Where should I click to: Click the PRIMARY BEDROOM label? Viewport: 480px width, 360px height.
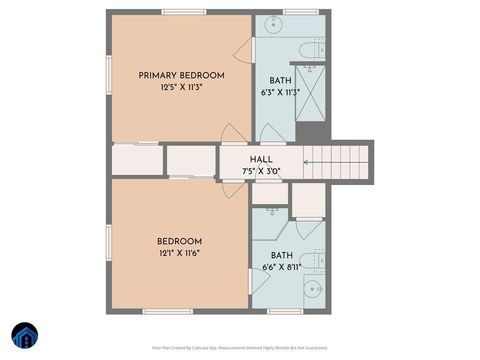pyautogui.click(x=181, y=75)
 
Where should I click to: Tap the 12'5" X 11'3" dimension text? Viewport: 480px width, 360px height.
pyautogui.click(x=181, y=88)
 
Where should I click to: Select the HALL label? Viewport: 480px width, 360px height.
pyautogui.click(x=261, y=159)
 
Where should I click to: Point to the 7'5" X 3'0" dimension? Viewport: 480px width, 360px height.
pyautogui.click(x=261, y=171)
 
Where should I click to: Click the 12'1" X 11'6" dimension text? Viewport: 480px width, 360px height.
pyautogui.click(x=179, y=255)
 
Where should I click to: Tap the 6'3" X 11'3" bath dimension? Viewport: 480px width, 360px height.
pyautogui.click(x=280, y=94)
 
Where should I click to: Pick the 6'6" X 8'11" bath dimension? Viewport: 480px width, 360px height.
pyautogui.click(x=281, y=267)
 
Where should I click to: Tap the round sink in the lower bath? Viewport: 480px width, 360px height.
pyautogui.click(x=312, y=290)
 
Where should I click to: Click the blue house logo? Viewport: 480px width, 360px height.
pyautogui.click(x=24, y=334)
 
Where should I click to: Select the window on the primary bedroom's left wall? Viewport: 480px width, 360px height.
pyautogui.click(x=107, y=75)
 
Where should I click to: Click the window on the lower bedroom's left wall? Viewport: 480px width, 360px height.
pyautogui.click(x=107, y=245)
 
